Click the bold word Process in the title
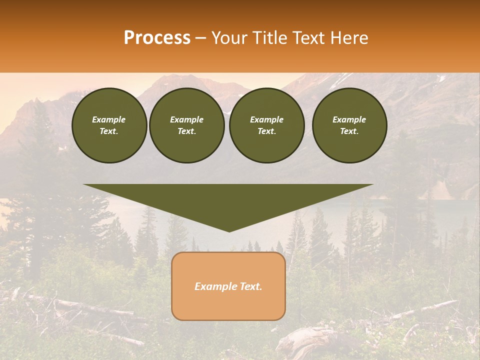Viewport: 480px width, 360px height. pyautogui.click(x=157, y=38)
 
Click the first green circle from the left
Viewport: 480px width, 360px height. pyautogui.click(x=109, y=125)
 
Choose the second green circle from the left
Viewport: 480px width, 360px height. pyautogui.click(x=186, y=125)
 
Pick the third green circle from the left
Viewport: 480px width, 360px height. pyautogui.click(x=266, y=125)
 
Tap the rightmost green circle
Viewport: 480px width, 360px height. pyautogui.click(x=349, y=125)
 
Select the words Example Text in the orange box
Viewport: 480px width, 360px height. pyautogui.click(x=228, y=286)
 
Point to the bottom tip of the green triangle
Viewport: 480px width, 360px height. pyautogui.click(x=229, y=231)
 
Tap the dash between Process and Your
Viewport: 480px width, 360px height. pyautogui.click(x=200, y=38)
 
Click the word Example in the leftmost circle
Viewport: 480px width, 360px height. pyautogui.click(x=109, y=119)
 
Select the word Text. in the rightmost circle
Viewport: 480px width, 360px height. pyautogui.click(x=349, y=131)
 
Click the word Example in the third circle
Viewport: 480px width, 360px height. pyautogui.click(x=266, y=119)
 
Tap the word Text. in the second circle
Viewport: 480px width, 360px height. pyautogui.click(x=186, y=131)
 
